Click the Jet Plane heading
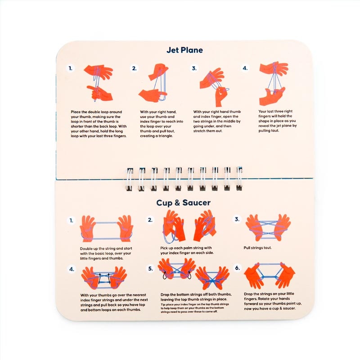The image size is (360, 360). pos(184,50)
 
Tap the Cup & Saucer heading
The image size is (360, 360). pos(183,202)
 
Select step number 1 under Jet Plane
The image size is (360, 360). pos(71,68)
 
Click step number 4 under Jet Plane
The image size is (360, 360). pos(245,68)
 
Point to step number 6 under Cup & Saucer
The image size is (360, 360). pos(237,268)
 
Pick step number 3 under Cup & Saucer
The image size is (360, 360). pos(237,219)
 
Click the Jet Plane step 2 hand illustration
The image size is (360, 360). pos(153,82)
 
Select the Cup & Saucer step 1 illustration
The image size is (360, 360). pos(106,229)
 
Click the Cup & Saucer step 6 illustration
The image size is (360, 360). pos(269,275)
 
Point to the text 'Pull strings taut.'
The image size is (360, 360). pos(257,248)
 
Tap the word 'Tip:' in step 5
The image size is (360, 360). pos(163,305)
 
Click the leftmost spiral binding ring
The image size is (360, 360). pos(130,179)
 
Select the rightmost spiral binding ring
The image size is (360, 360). pos(239,178)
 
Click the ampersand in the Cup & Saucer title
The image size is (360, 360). pos(177,203)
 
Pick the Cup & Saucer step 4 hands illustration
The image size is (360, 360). pos(104,278)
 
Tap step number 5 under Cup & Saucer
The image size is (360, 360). pos(150,268)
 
